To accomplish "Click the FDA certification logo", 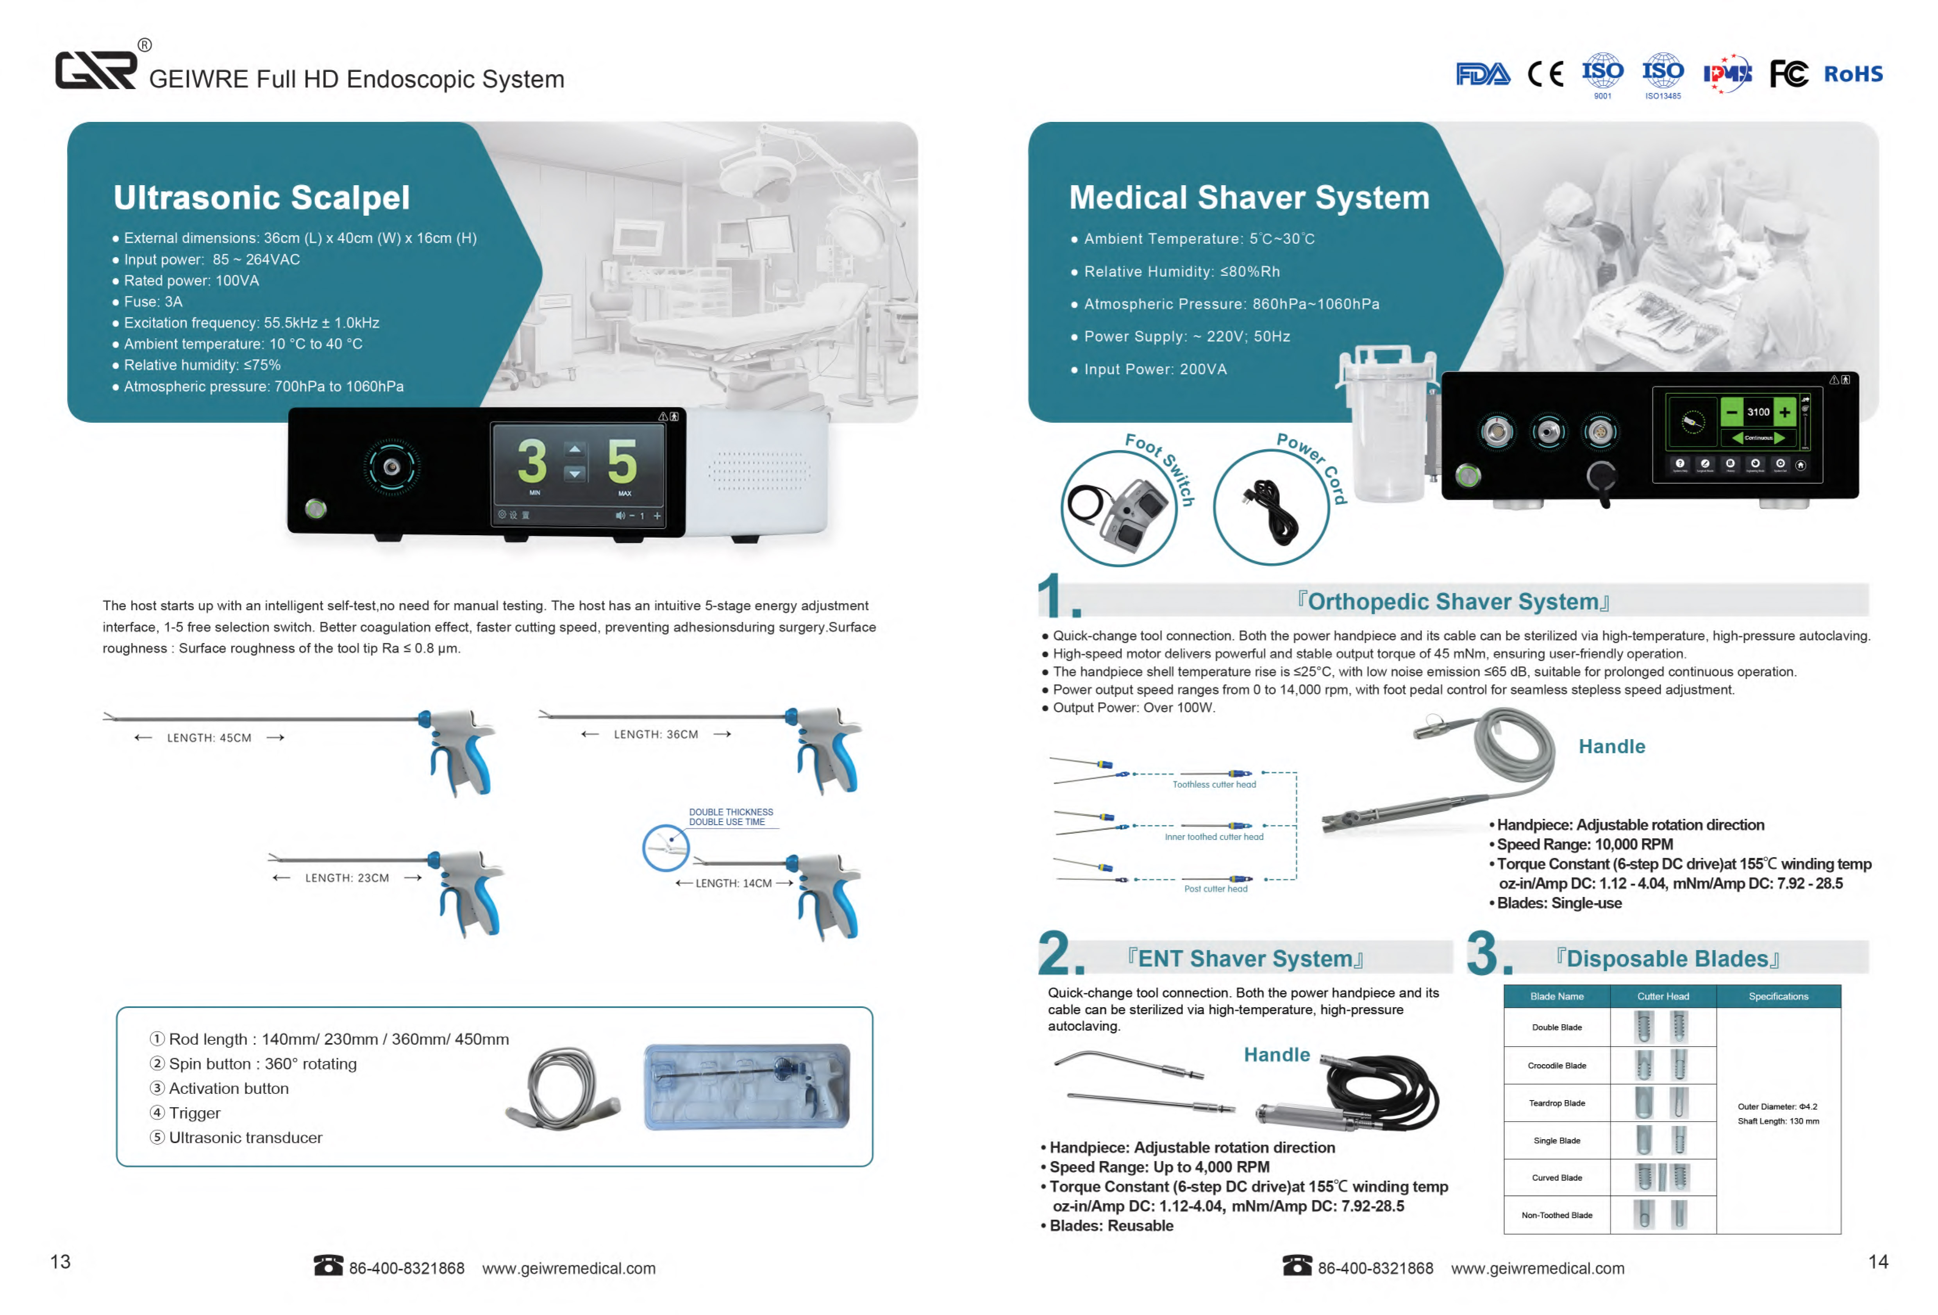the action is (1482, 74).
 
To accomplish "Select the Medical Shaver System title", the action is (1249, 198).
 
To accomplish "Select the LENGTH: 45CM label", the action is (209, 738).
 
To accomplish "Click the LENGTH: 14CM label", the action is (734, 883).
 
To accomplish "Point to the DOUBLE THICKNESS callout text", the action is (731, 812).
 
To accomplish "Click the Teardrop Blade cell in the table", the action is (1556, 1103).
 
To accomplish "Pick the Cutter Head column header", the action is (1663, 997).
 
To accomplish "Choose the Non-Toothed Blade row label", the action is (1556, 1215).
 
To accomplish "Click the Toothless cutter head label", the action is (1214, 785).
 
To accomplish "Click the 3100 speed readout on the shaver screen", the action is (1758, 412).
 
